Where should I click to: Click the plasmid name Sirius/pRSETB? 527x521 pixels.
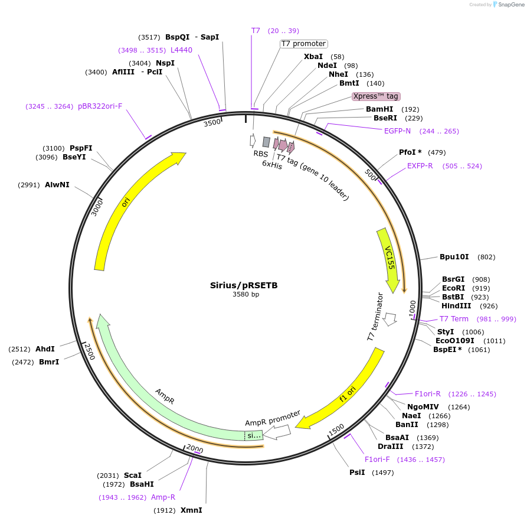[x=244, y=285]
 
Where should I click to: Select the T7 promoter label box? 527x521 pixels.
[x=303, y=44]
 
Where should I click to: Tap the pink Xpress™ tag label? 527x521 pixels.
[x=376, y=96]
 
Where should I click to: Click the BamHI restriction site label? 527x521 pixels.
[x=379, y=109]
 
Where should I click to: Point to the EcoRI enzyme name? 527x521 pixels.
[x=453, y=288]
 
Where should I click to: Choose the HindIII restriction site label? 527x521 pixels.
[x=456, y=306]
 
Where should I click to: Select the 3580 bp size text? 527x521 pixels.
[x=246, y=294]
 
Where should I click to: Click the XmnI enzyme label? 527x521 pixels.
[x=191, y=510]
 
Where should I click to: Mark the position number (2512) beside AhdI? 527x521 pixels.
[x=20, y=349]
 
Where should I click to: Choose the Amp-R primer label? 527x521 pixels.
[x=163, y=497]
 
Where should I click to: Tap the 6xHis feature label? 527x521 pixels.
[x=272, y=165]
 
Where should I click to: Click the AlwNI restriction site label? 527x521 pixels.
[x=57, y=185]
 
